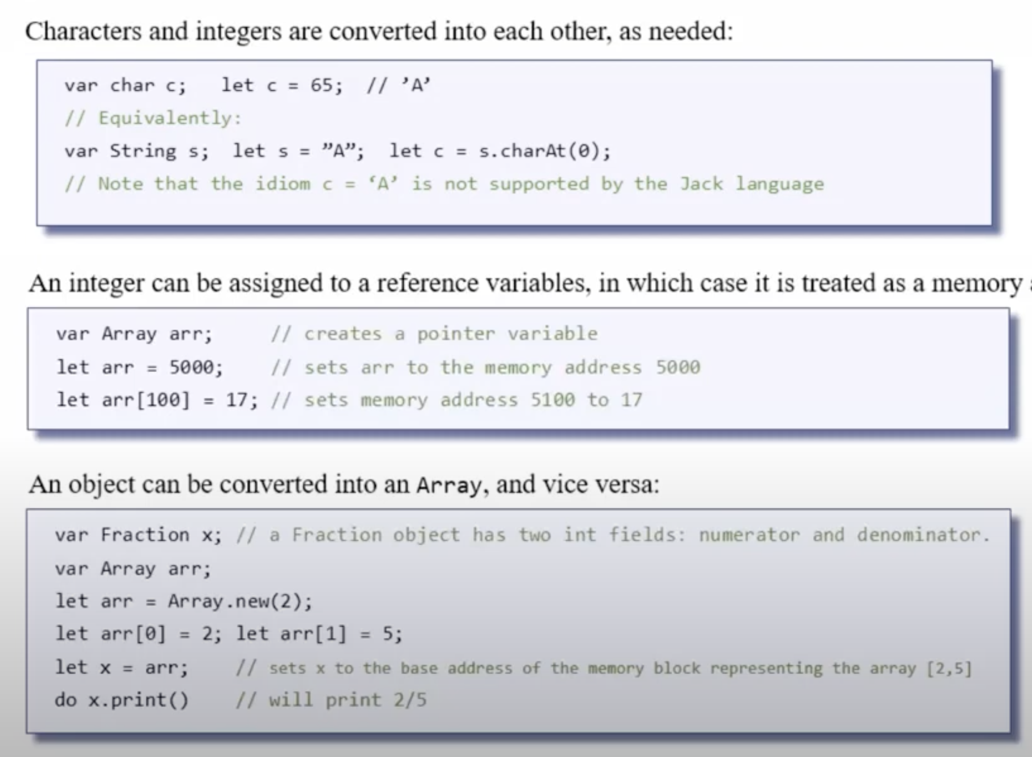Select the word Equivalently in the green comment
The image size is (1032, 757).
pos(168,118)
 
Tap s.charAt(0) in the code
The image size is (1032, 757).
pos(543,151)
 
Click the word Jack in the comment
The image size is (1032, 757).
pos(701,184)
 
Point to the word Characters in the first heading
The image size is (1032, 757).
pos(83,31)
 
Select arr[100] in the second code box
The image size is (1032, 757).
pos(146,400)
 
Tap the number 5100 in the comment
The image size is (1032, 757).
pos(552,400)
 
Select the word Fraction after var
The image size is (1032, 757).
pos(145,535)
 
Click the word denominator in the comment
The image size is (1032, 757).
pos(922,535)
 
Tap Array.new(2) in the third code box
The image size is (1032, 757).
pos(239,601)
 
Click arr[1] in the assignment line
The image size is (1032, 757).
pos(313,634)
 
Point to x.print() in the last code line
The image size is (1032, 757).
pos(138,700)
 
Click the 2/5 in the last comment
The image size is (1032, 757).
pos(410,700)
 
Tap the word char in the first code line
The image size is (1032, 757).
pos(132,85)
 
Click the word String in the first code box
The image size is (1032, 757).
pos(143,151)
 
